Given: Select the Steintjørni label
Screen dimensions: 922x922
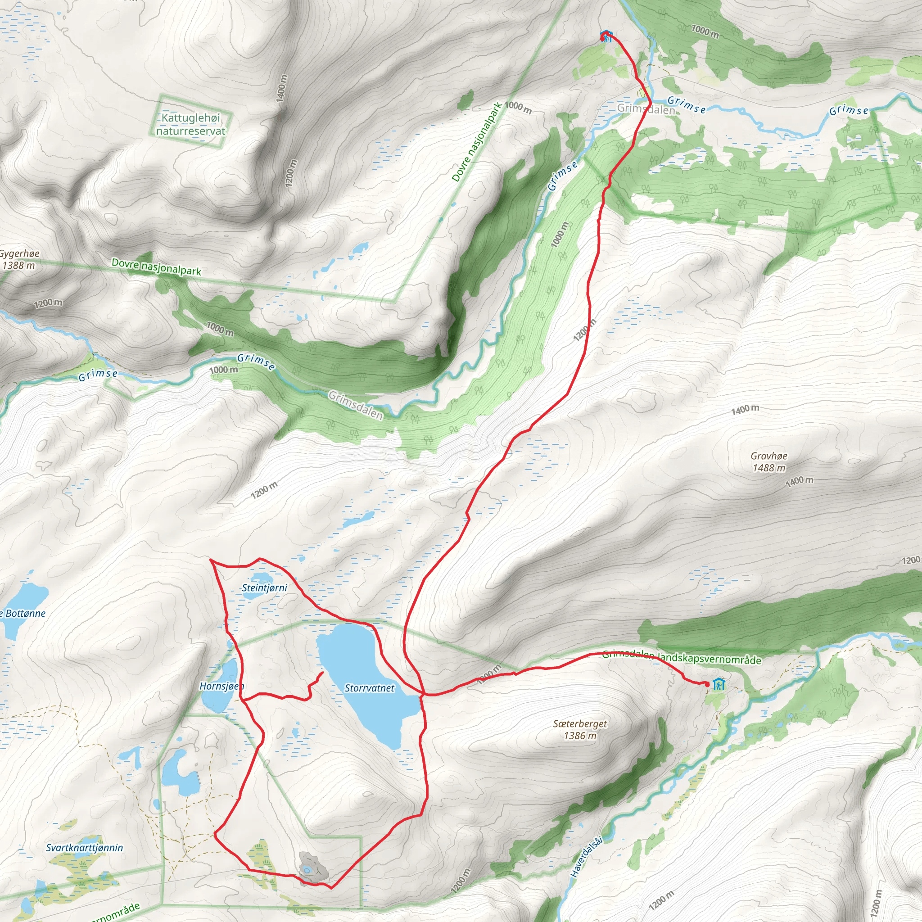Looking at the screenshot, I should [264, 588].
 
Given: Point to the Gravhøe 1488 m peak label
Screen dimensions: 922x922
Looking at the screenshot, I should [769, 462].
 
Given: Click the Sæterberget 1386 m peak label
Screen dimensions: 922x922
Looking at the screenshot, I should [580, 729].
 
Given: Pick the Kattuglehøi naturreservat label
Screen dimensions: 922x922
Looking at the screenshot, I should [191, 124].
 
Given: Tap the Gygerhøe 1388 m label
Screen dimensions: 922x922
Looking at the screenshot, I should [19, 259].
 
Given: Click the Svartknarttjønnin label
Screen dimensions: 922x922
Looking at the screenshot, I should [85, 848].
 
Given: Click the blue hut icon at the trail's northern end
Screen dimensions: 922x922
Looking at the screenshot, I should [606, 36].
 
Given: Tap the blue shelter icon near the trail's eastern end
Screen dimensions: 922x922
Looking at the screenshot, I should [719, 684].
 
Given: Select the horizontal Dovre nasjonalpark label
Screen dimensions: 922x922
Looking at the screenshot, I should [156, 267].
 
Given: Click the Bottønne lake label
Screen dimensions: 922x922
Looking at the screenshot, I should [24, 613].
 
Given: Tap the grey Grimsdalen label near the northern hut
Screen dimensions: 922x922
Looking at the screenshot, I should [646, 109].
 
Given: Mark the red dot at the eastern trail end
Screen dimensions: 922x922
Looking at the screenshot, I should [707, 684].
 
